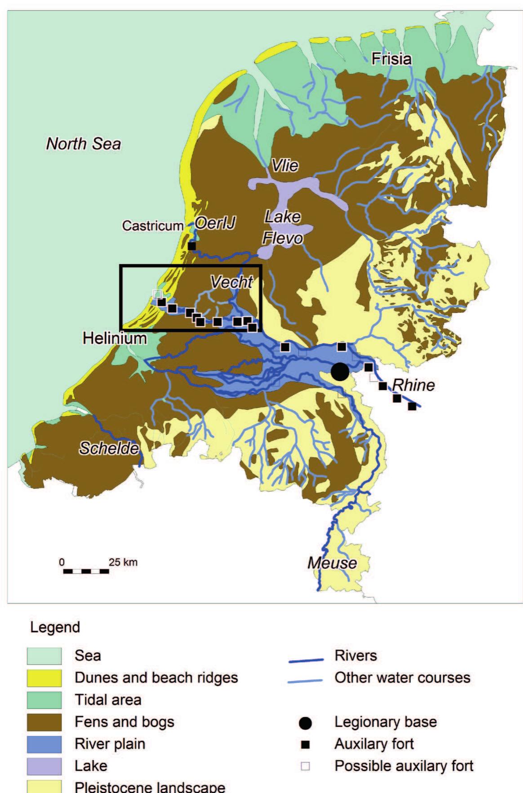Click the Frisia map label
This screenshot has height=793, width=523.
pyautogui.click(x=391, y=59)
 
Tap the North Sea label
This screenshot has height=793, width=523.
pyautogui.click(x=84, y=144)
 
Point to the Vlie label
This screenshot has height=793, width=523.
pyautogui.click(x=285, y=166)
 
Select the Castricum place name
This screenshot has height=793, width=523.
pyautogui.click(x=153, y=226)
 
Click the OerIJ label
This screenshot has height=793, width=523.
pyautogui.click(x=215, y=223)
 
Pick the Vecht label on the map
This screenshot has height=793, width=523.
pyautogui.click(x=231, y=282)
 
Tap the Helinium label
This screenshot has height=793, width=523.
pyautogui.click(x=115, y=338)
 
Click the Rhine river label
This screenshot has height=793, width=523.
pyautogui.click(x=413, y=385)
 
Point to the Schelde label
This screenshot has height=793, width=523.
pyautogui.click(x=109, y=448)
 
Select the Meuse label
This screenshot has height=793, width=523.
pyautogui.click(x=332, y=563)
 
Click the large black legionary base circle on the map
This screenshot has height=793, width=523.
pyautogui.click(x=340, y=372)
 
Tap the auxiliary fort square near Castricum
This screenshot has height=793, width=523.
pyautogui.click(x=192, y=246)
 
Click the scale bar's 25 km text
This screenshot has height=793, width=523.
pyautogui.click(x=123, y=562)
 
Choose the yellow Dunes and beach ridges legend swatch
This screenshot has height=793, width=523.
pyautogui.click(x=44, y=678)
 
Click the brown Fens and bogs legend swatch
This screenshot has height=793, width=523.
pyautogui.click(x=44, y=722)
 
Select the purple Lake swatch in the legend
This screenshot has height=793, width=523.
pyautogui.click(x=44, y=766)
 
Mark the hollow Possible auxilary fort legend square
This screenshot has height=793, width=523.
pyautogui.click(x=306, y=766)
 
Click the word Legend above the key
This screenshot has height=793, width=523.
pyautogui.click(x=55, y=627)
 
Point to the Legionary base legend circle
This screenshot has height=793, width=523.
pyautogui.click(x=306, y=722)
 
